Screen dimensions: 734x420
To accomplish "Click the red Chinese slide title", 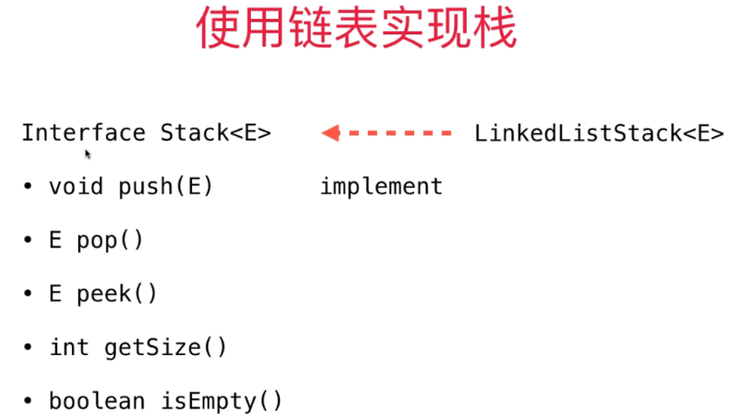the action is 357,29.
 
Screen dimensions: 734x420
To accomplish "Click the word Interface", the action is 83,132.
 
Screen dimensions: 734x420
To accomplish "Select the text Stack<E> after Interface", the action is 215,132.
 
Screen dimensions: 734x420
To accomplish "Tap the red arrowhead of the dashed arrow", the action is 330,132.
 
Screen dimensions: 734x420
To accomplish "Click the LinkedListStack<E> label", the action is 599,133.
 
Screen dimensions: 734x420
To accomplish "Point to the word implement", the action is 381,186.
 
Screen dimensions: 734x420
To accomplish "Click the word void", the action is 76,186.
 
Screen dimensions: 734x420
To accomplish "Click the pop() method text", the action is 109,241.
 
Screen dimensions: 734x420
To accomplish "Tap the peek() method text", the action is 116,294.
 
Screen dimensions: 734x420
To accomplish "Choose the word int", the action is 69,347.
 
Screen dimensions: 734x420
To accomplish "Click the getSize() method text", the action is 165,347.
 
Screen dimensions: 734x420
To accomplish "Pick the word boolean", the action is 97,401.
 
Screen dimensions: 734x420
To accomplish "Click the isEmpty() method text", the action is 222,401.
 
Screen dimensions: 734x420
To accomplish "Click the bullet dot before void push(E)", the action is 28,187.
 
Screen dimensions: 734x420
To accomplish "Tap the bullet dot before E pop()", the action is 28,241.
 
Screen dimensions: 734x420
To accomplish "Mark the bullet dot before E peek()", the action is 28,294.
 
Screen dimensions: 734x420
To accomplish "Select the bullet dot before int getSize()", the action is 28,347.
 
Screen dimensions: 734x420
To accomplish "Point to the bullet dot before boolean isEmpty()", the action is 28,401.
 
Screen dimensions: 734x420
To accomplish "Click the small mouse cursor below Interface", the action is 88,154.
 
